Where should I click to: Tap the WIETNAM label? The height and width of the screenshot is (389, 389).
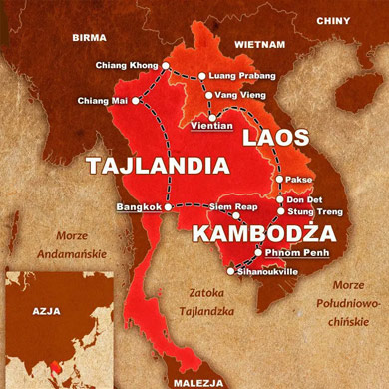point(260,45)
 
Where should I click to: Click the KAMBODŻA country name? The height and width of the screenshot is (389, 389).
point(247,235)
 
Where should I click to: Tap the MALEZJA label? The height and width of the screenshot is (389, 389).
point(197,381)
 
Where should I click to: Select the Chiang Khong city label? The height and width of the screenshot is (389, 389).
point(127,66)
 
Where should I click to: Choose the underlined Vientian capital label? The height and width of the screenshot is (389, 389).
point(210,125)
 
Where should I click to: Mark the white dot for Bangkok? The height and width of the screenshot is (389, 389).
point(170,206)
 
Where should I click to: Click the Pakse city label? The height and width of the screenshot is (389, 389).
point(298,180)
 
